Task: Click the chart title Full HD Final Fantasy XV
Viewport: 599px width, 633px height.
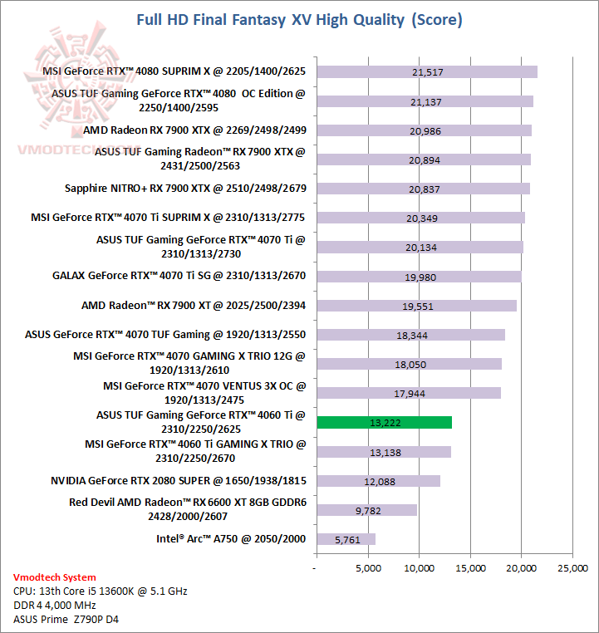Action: pos(299,19)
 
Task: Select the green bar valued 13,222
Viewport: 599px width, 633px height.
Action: pos(384,422)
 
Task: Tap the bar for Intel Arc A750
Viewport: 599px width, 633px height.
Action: pos(346,539)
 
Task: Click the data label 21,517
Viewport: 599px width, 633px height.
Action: pos(427,72)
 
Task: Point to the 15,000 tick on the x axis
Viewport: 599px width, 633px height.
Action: pos(470,568)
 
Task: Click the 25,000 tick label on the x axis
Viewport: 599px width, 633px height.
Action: pos(572,568)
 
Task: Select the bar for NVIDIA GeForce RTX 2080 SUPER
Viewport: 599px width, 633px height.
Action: pos(378,481)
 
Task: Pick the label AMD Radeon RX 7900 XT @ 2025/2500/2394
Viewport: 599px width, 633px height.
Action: pos(194,306)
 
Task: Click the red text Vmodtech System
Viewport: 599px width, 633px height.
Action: pos(55,577)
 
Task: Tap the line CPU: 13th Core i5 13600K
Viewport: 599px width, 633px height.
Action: pos(101,591)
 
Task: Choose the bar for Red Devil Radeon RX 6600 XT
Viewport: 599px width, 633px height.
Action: pos(366,510)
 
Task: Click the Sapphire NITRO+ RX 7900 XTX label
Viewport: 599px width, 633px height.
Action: pos(185,189)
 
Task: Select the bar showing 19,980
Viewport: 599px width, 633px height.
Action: pos(418,277)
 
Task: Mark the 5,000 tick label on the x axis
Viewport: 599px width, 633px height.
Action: pos(367,568)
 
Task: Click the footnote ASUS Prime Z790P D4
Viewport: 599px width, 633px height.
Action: pos(65,619)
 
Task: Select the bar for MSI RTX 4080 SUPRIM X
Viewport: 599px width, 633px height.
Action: pos(427,72)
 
